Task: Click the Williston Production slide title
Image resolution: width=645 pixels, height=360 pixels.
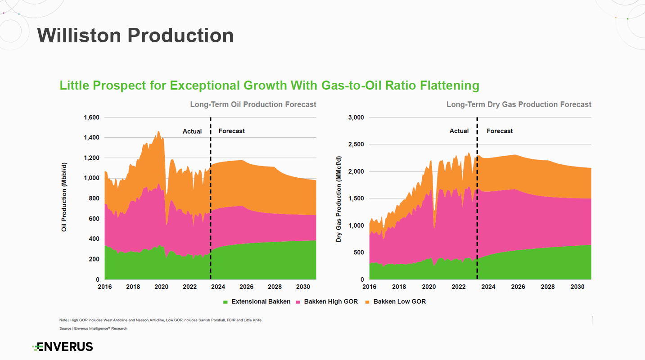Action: coord(135,36)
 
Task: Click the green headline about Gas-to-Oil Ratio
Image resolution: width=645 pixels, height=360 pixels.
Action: coord(269,85)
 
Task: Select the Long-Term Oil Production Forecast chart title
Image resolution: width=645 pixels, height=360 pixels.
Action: coord(253,104)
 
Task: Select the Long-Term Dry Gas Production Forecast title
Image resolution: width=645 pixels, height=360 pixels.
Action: coord(519,104)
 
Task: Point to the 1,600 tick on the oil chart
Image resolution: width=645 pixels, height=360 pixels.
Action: coord(91,117)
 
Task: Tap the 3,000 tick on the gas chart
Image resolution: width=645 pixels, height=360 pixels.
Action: coord(356,117)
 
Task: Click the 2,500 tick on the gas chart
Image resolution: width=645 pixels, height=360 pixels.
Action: coord(356,144)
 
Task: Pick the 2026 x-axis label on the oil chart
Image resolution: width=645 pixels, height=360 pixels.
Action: coord(247,287)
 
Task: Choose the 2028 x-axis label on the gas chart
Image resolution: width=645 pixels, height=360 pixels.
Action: coord(548,287)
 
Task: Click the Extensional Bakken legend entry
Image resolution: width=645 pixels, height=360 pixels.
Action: coord(257,301)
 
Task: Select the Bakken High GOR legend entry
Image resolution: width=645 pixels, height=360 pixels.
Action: coord(327,301)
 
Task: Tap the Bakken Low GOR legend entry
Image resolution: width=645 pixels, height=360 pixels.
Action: coord(396,301)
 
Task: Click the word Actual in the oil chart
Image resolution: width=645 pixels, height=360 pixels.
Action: coord(192,131)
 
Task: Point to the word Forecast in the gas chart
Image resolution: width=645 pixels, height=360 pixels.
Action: coord(500,131)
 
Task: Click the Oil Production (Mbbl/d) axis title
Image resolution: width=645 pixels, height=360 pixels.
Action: coord(64,197)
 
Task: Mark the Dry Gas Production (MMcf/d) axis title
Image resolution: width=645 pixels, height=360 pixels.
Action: coord(338,199)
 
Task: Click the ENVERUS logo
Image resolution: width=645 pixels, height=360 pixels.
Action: coord(63,347)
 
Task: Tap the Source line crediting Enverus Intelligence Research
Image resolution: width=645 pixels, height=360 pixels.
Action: coord(93,328)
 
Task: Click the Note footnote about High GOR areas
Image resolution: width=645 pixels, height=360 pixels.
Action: coord(161,320)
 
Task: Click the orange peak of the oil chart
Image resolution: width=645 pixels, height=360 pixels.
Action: coord(158,132)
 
